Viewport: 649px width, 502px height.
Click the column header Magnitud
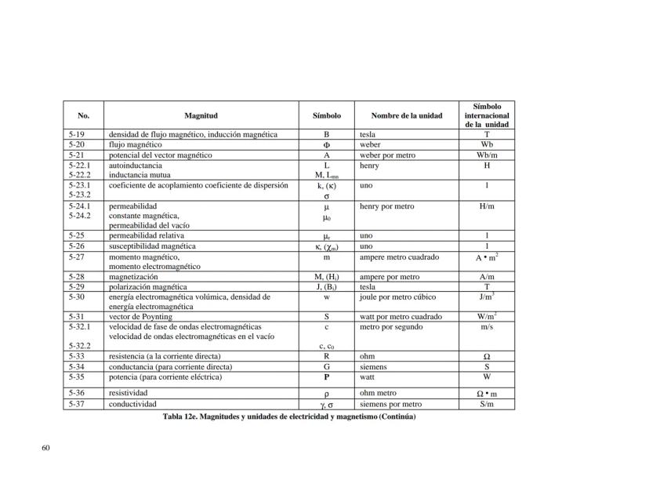click(x=201, y=116)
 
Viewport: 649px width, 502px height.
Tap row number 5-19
click(x=76, y=135)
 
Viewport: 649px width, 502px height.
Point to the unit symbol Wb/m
click(x=487, y=155)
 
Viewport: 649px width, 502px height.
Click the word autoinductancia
click(x=136, y=166)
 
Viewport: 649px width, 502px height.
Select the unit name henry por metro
click(x=387, y=206)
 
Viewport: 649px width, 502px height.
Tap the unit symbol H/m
click(x=487, y=206)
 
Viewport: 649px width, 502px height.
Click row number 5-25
click(x=76, y=235)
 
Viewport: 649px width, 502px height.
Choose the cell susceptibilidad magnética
click(x=152, y=246)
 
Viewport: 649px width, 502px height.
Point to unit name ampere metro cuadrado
click(x=400, y=256)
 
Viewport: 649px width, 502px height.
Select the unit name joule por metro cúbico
click(x=397, y=297)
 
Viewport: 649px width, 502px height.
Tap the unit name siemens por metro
click(x=390, y=405)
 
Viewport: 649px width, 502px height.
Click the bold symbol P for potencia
click(x=326, y=376)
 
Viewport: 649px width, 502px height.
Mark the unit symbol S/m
click(x=487, y=405)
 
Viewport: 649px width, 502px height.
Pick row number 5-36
click(x=76, y=392)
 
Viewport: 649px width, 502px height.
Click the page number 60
click(x=45, y=448)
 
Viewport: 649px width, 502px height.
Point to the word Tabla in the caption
click(x=173, y=417)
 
